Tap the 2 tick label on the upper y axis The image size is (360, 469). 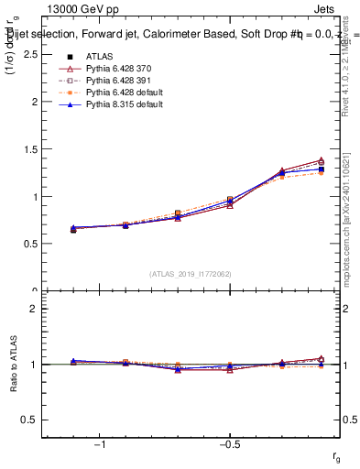click(34, 102)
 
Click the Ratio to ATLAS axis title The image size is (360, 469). click(12, 365)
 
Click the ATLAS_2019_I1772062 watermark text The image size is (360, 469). click(191, 273)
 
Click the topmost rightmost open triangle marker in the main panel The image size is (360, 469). click(321, 160)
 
